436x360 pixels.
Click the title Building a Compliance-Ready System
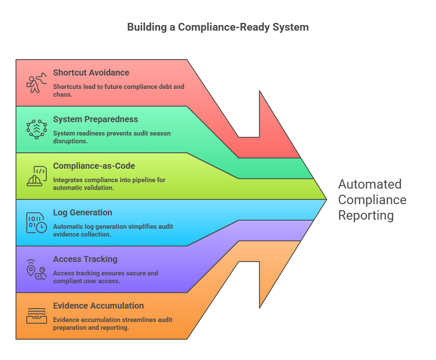218,27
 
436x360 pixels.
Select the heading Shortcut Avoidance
91,73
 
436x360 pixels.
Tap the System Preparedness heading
95,119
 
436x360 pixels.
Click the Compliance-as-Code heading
94,166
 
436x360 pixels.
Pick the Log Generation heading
82,212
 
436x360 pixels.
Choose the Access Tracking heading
85,259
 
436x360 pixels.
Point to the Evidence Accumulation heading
98,306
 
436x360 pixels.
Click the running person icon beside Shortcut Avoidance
36,83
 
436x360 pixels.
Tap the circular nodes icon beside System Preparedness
36,129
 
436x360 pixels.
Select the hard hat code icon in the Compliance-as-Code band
36,176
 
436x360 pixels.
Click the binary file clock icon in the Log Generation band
36,223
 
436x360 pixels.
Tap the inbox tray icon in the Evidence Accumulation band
36,316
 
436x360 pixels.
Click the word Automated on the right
370,184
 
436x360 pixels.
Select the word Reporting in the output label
366,215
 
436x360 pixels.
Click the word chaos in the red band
62,94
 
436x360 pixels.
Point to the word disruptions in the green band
70,141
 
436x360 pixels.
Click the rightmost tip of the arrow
326,199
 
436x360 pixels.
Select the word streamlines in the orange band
136,320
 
